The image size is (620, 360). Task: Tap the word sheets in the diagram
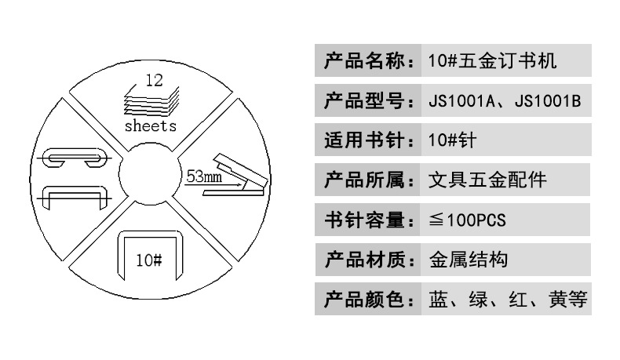(x=151, y=125)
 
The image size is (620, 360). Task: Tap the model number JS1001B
(x=548, y=101)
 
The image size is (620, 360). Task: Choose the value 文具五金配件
(x=487, y=181)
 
